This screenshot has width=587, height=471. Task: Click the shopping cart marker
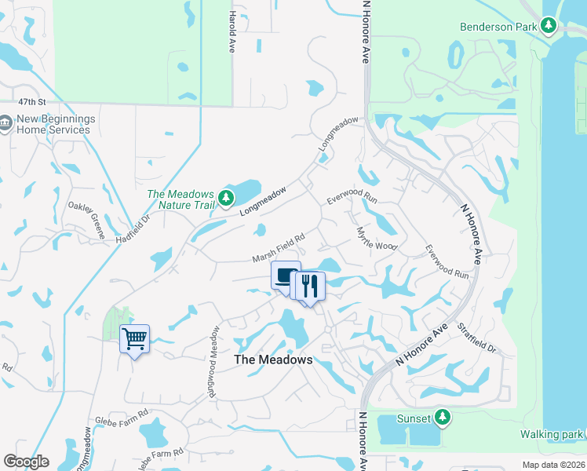[x=134, y=339]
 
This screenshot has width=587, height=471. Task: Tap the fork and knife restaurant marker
[x=309, y=286]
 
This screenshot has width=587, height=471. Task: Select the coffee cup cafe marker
[x=286, y=276]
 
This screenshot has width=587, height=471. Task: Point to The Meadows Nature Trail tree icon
[x=227, y=197]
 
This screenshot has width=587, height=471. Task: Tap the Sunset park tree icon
[x=443, y=417]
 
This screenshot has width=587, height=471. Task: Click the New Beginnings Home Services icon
[x=6, y=123]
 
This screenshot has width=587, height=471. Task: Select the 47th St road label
[x=33, y=102]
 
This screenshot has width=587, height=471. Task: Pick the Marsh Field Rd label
[x=278, y=247]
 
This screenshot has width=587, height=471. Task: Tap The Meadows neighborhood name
[x=274, y=360]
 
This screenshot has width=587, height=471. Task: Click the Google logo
[x=25, y=462]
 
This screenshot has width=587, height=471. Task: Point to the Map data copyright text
[x=554, y=465]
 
